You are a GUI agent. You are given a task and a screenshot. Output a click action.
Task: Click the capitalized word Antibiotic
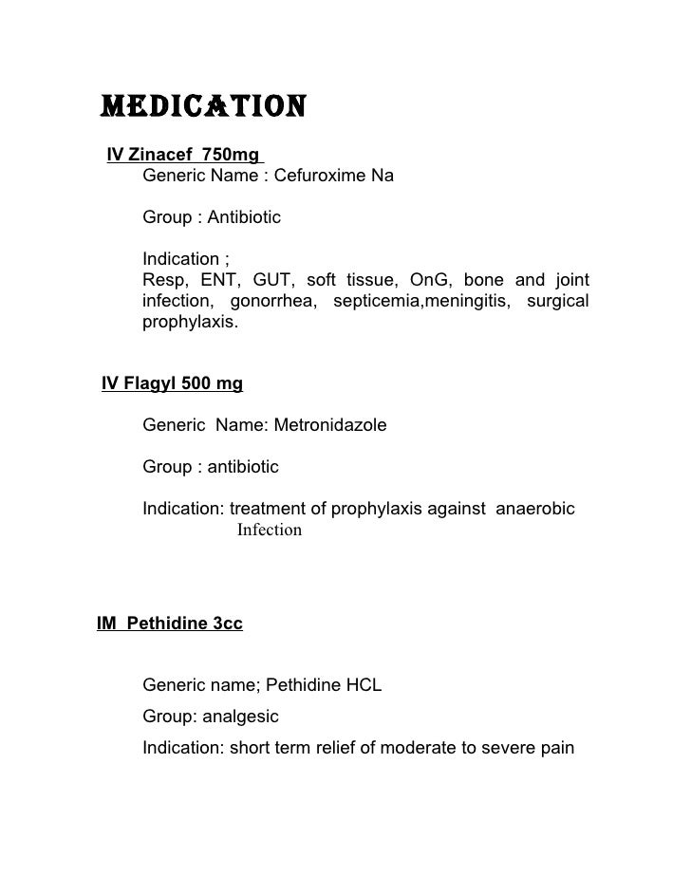246,218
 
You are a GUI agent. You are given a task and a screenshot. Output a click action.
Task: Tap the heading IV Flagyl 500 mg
172,383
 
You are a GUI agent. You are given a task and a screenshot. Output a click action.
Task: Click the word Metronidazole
330,425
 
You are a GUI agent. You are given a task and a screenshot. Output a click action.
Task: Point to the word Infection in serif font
270,531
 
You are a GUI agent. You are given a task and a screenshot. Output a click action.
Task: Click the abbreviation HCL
364,685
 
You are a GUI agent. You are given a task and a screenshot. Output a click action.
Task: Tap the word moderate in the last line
415,747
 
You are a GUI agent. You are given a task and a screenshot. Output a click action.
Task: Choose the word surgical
556,301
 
